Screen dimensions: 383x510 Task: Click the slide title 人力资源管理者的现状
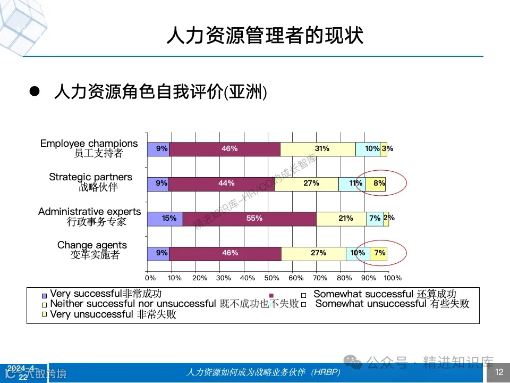265,36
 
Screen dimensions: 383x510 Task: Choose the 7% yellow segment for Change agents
379,253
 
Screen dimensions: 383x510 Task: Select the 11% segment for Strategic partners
352,184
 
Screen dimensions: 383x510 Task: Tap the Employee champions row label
89,148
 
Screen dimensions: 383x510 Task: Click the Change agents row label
92,250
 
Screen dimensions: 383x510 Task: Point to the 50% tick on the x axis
272,278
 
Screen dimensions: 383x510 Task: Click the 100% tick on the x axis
393,278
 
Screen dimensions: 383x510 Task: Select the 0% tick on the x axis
150,278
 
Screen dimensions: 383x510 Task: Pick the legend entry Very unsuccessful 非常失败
113,314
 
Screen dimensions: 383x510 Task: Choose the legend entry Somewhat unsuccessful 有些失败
392,304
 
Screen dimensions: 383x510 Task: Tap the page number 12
499,372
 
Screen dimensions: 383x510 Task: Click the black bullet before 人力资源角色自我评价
35,91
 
